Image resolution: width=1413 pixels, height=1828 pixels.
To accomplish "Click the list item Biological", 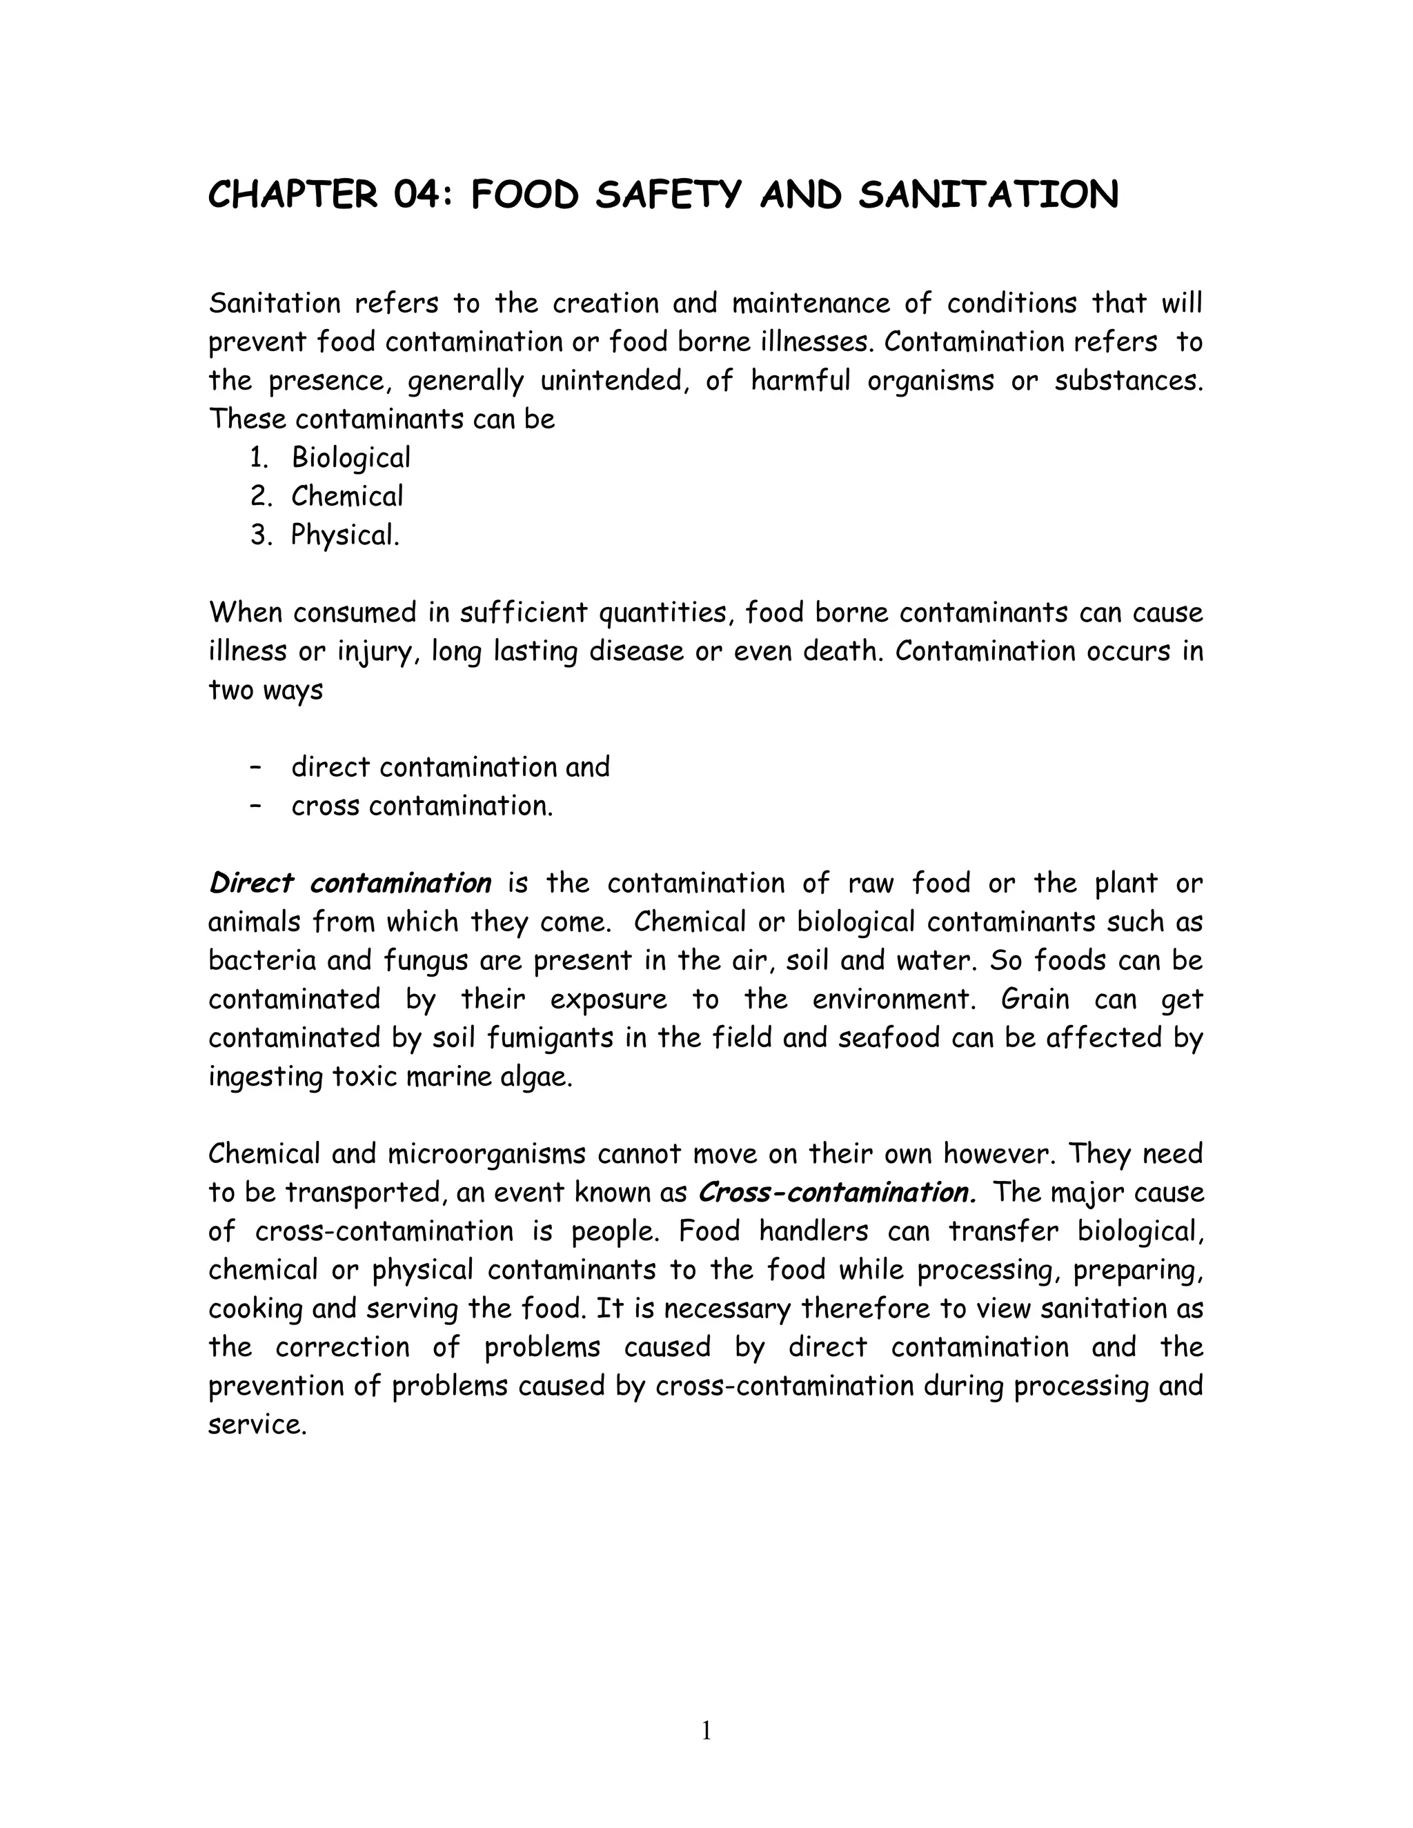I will pos(350,458).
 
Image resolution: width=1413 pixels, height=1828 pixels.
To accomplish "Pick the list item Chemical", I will pos(346,497).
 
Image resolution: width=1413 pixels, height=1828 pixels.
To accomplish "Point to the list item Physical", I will pos(345,535).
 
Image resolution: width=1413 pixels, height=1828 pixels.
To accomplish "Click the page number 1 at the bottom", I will pos(706,1730).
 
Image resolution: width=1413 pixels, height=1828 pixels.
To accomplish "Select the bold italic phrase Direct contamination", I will pos(350,883).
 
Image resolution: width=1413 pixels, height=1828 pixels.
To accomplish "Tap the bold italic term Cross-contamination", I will pos(836,1192).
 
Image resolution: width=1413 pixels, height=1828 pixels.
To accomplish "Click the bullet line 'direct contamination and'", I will pos(451,766).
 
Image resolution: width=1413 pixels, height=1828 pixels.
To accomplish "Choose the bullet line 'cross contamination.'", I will pos(422,805).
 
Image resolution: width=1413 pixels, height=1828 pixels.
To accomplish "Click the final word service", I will pos(257,1425).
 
